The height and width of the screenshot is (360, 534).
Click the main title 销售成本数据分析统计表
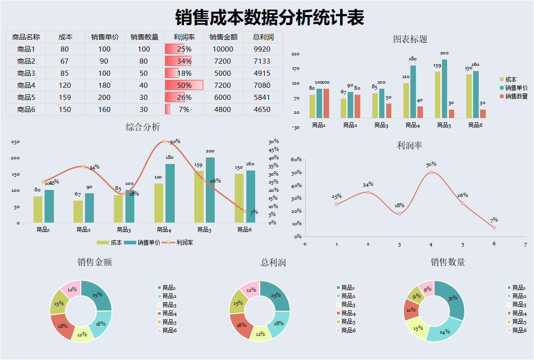[270, 18]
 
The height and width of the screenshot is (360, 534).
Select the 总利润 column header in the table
[263, 37]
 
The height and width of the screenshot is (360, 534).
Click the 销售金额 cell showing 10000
[223, 49]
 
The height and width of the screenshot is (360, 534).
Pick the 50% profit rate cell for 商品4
[184, 85]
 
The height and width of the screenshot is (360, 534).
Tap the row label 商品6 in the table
[26, 110]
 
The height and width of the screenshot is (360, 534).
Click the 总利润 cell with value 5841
[263, 98]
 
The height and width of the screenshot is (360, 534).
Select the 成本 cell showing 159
[65, 98]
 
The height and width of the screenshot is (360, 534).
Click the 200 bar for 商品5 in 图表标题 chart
[444, 88]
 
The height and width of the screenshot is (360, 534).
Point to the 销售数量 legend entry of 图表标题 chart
[516, 96]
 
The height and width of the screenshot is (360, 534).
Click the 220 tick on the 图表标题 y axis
[296, 54]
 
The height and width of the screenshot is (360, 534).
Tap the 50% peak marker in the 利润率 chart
[431, 172]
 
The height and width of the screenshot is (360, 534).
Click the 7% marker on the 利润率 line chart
[494, 228]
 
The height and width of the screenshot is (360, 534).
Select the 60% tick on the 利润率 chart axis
[296, 159]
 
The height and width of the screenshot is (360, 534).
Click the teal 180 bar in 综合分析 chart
[170, 193]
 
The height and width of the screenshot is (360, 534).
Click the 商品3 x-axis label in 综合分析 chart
[123, 229]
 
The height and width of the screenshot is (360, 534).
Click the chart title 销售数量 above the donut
[448, 262]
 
